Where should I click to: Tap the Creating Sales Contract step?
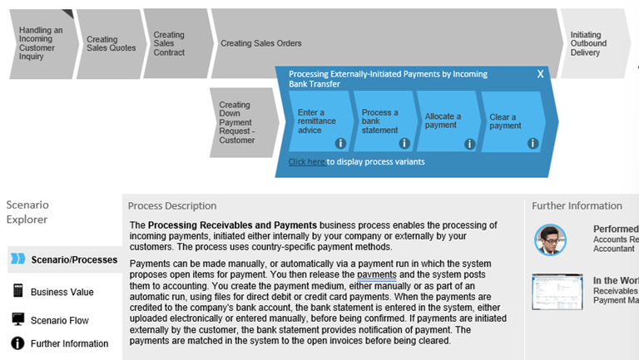(x=171, y=43)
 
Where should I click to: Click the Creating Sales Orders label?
(x=261, y=43)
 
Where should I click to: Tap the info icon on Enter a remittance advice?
(x=340, y=144)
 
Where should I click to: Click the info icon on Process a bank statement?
(x=404, y=144)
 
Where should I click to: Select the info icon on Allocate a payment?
(x=469, y=144)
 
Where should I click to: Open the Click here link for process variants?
(x=307, y=161)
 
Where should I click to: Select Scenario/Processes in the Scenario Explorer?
(x=73, y=260)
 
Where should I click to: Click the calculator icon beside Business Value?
(x=17, y=291)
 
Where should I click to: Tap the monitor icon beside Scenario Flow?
(x=17, y=320)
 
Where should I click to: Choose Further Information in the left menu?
(x=69, y=343)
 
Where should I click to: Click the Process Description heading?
(x=173, y=206)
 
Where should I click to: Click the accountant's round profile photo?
(x=550, y=239)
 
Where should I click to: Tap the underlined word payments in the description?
(x=378, y=275)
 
